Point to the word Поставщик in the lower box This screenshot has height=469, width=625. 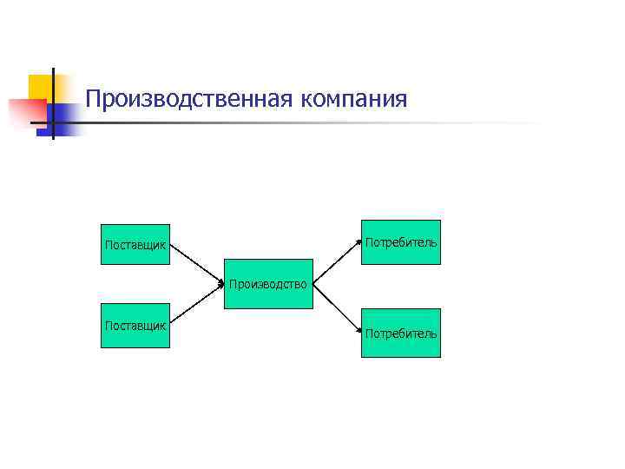[135, 325]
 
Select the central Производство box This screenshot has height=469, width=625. [268, 282]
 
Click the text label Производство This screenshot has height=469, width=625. [268, 283]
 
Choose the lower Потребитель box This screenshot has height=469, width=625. [401, 333]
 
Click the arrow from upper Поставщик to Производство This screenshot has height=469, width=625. [198, 262]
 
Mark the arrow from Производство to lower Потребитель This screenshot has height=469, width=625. [337, 308]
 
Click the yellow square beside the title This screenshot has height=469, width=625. [41, 87]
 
